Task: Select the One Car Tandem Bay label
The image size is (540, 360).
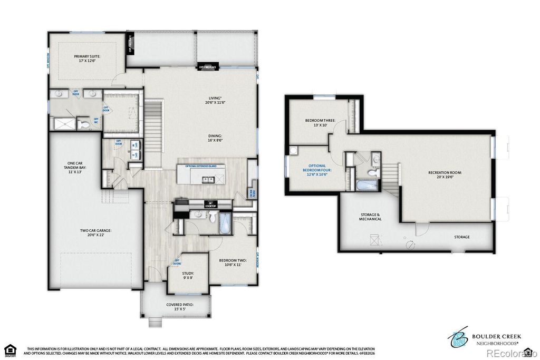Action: pyautogui.click(x=74, y=168)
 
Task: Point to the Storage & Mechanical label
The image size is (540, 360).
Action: pyautogui.click(x=370, y=217)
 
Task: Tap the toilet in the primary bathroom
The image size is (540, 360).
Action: pyautogui.click(x=84, y=124)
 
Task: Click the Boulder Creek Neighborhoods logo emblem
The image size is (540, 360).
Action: pyautogui.click(x=457, y=337)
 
